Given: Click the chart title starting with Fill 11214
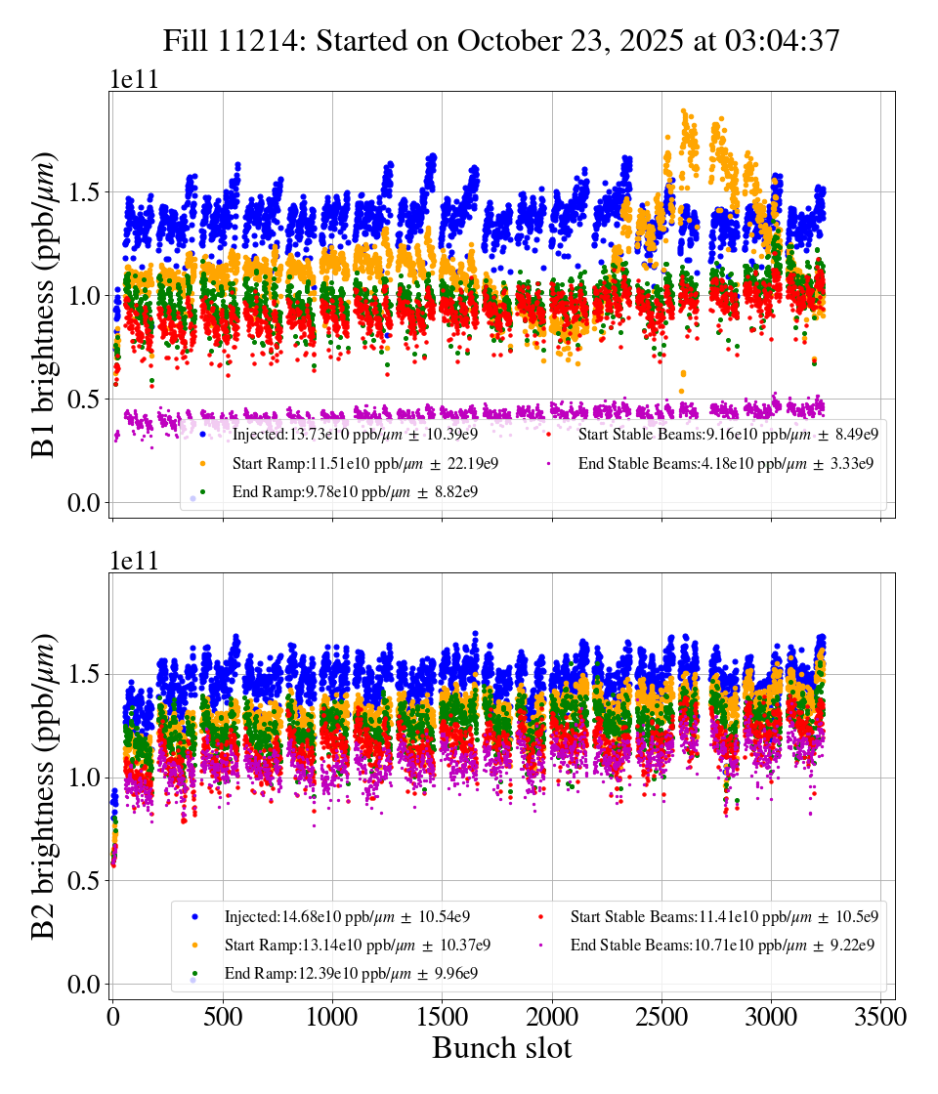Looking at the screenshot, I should [501, 40].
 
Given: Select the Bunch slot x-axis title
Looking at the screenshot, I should [501, 1048].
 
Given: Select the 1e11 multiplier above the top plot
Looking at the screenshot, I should [133, 80].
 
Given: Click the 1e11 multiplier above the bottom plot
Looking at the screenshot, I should [133, 562].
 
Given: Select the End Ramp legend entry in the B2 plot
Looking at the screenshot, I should [348, 974].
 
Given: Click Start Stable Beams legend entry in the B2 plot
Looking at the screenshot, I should [707, 916].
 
